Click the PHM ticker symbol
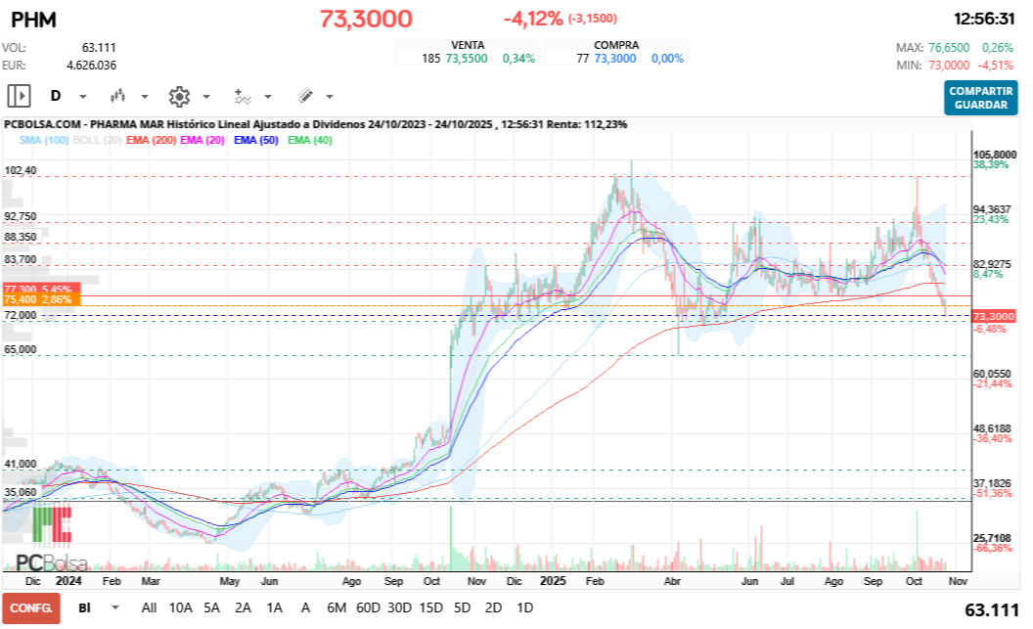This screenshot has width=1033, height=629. [x=33, y=19]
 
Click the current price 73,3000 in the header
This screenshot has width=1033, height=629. [x=366, y=19]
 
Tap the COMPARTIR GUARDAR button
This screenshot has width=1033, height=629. [x=981, y=98]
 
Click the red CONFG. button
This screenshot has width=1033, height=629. [x=30, y=607]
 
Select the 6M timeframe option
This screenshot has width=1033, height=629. [x=337, y=607]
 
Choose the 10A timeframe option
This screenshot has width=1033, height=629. [x=181, y=607]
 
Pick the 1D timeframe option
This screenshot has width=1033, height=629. [x=524, y=607]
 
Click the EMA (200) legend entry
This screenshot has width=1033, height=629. [x=152, y=141]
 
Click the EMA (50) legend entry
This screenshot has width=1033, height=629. [x=256, y=141]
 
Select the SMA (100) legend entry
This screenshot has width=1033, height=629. [x=44, y=141]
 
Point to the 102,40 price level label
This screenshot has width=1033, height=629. [x=21, y=170]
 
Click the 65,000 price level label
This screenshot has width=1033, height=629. [x=21, y=349]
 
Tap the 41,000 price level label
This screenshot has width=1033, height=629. [x=21, y=464]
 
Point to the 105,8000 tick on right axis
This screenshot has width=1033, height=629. [x=995, y=155]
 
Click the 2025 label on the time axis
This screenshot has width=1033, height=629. [x=554, y=580]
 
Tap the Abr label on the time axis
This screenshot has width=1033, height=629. [x=672, y=580]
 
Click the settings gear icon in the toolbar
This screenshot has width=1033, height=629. [x=178, y=96]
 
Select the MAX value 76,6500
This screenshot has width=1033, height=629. [x=950, y=47]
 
